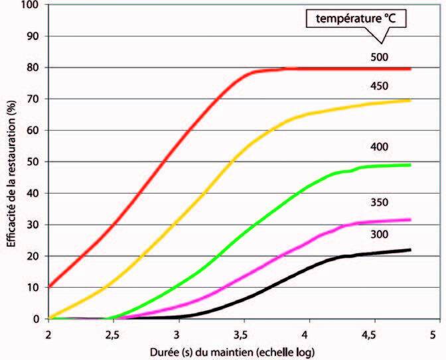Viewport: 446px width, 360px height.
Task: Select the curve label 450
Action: click(379, 86)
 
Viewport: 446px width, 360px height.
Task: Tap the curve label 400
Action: click(379, 146)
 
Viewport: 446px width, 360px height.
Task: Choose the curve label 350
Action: click(379, 202)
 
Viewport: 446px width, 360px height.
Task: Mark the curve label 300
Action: click(379, 235)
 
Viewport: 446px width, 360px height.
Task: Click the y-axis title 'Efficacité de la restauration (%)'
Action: click(12, 163)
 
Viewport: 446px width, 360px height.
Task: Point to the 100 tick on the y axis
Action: click(34, 5)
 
